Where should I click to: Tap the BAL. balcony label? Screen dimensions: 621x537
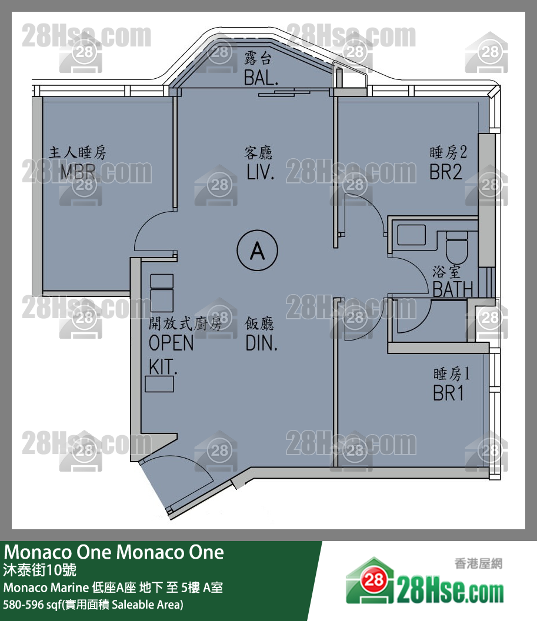(x=261, y=76)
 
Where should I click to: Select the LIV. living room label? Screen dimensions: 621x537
(x=261, y=172)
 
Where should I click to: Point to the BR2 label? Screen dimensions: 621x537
(x=445, y=172)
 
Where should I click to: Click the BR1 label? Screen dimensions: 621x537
(x=448, y=393)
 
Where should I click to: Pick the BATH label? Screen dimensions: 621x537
(x=453, y=289)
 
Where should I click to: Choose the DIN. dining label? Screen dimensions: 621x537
(x=261, y=343)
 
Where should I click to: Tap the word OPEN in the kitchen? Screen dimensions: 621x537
(x=171, y=343)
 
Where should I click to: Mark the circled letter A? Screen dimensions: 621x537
(x=258, y=251)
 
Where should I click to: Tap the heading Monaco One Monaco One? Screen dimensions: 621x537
(x=114, y=552)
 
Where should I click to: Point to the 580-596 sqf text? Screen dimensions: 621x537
(x=93, y=605)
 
